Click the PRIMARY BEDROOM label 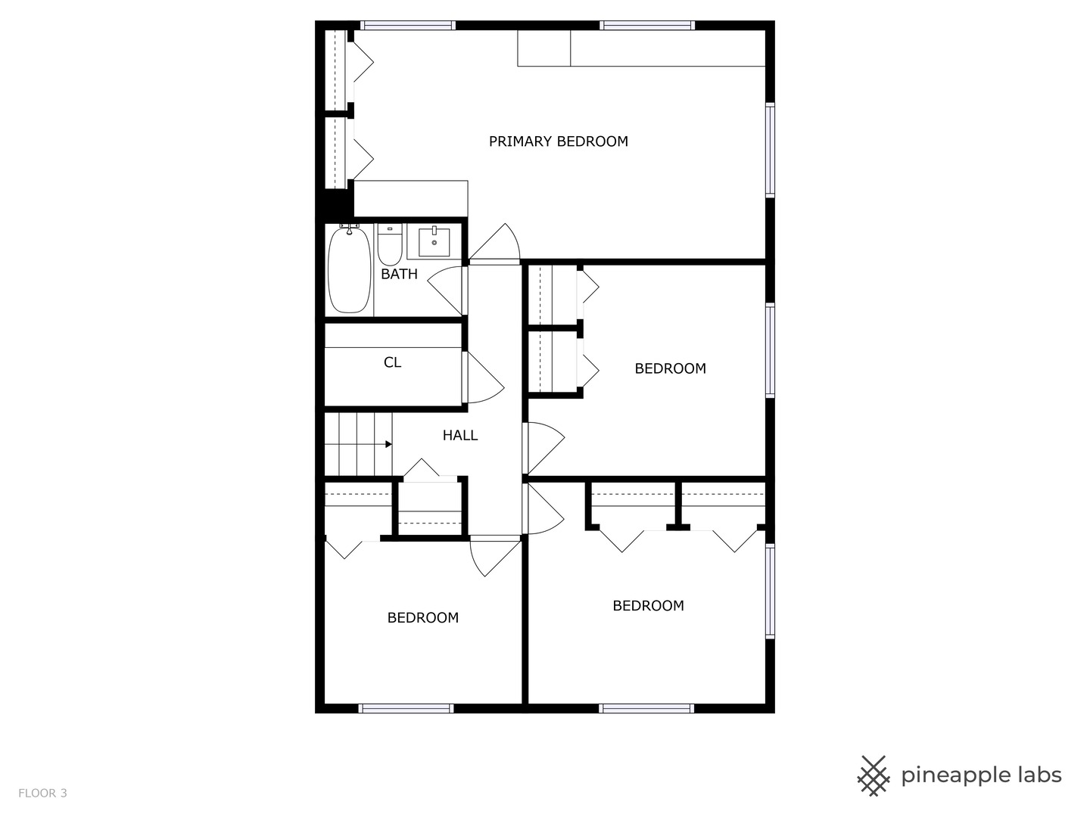[x=558, y=141]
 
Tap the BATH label [x=399, y=274]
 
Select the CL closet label [x=392, y=362]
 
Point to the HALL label [x=460, y=435]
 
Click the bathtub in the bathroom [x=349, y=269]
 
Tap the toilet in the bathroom [x=390, y=245]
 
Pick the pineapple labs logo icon [x=874, y=775]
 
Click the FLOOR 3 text [x=42, y=793]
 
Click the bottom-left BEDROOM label [x=422, y=617]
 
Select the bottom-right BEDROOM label [x=648, y=605]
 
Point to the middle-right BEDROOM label [x=670, y=368]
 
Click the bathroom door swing [x=447, y=290]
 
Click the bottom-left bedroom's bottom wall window [x=406, y=708]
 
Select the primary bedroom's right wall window [x=770, y=150]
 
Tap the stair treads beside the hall [x=357, y=444]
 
